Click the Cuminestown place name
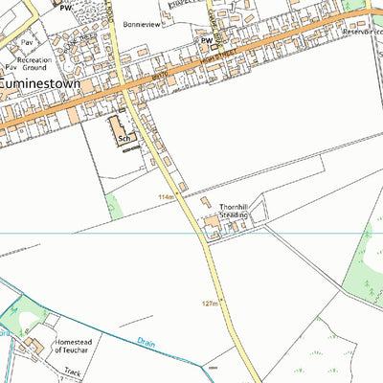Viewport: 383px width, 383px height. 47,83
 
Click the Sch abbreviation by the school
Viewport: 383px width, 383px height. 124,138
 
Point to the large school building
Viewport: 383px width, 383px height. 119,127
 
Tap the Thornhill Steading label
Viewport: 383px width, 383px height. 234,211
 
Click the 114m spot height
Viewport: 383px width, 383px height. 168,197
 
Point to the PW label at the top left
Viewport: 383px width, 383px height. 65,7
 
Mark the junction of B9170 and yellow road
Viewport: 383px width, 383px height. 124,91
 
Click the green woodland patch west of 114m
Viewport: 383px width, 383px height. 116,206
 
